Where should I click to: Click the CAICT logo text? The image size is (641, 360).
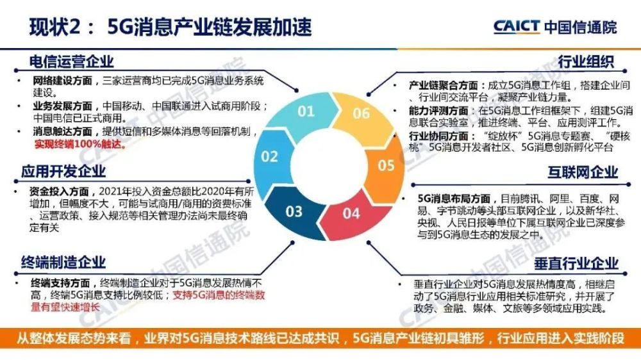click(x=516, y=27)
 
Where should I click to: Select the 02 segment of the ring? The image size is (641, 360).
click(x=272, y=158)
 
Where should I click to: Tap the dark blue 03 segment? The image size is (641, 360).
click(x=293, y=211)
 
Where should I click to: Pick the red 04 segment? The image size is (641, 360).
click(x=349, y=215)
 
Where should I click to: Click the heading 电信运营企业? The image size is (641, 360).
click(x=71, y=61)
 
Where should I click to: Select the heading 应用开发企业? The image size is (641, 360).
click(x=63, y=172)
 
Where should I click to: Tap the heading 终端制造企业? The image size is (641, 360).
click(x=63, y=263)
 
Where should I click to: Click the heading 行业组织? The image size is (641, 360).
click(x=586, y=61)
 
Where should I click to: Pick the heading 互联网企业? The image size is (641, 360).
click(x=583, y=172)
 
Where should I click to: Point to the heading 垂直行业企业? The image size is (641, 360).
click(x=576, y=264)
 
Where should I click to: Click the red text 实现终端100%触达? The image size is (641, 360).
click(x=80, y=144)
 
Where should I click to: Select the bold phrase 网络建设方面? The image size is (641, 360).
click(x=63, y=81)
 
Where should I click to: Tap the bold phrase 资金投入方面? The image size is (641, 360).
click(x=59, y=192)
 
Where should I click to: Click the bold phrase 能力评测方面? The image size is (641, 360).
click(x=438, y=111)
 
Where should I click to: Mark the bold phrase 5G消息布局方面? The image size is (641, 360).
click(x=454, y=199)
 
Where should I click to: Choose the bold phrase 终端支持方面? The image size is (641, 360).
click(x=60, y=282)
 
